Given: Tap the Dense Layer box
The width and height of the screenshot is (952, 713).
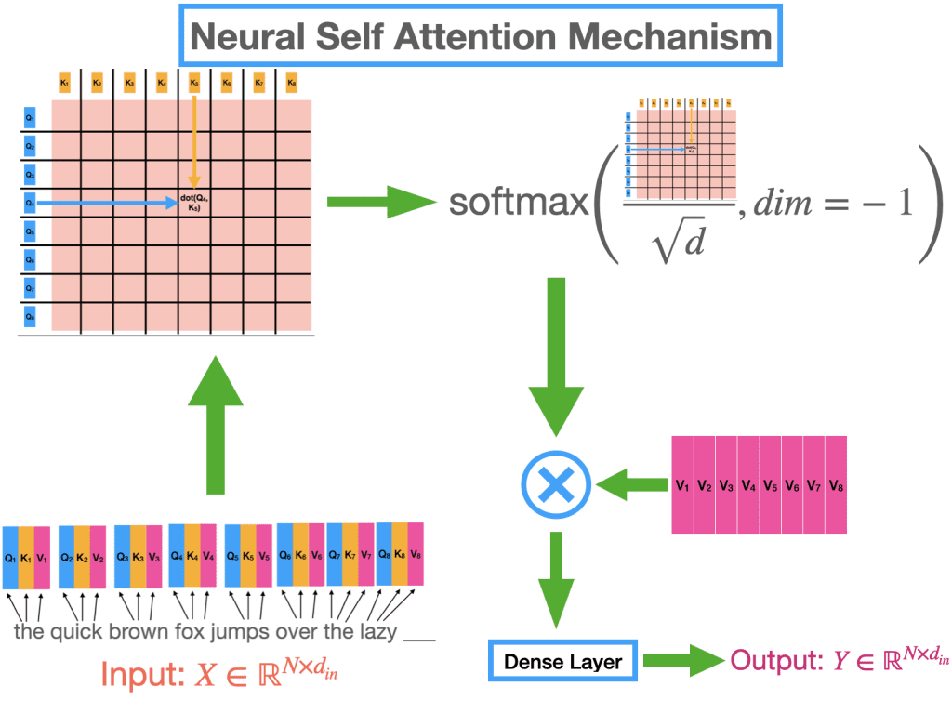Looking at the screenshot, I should coord(563,662).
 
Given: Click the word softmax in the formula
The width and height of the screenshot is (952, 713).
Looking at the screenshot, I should coord(519,202).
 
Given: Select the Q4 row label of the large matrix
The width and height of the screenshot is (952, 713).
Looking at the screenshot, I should coord(30,202).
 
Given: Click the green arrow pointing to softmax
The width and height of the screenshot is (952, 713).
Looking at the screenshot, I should coord(381,201).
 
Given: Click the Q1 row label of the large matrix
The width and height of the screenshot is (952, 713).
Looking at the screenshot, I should coord(30,118).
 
